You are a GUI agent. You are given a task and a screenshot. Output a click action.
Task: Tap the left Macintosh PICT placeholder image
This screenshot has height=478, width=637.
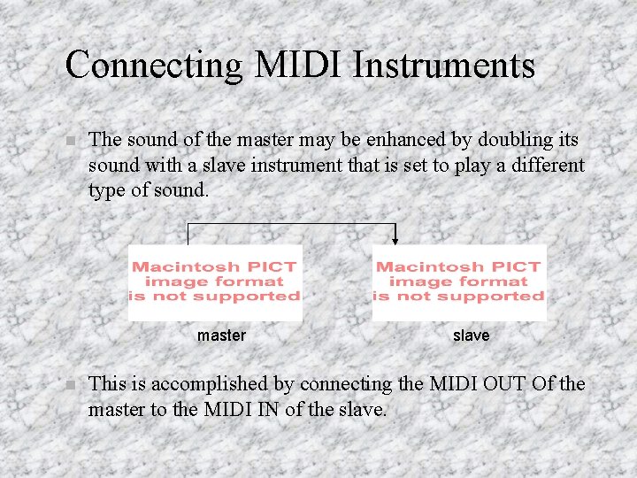[x=215, y=282]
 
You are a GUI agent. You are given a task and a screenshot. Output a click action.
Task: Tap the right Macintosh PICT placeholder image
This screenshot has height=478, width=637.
[x=458, y=282]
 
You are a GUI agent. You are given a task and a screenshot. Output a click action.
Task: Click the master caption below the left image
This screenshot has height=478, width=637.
[x=221, y=335]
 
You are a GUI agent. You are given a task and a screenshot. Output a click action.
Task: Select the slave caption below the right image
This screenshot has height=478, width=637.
[x=471, y=335]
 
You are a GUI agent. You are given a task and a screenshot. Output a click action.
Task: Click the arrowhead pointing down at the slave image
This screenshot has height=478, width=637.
[x=395, y=238]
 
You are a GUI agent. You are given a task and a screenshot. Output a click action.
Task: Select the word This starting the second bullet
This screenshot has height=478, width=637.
[x=108, y=384]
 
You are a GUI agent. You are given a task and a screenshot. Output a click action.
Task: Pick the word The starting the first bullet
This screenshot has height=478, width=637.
[x=105, y=140]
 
